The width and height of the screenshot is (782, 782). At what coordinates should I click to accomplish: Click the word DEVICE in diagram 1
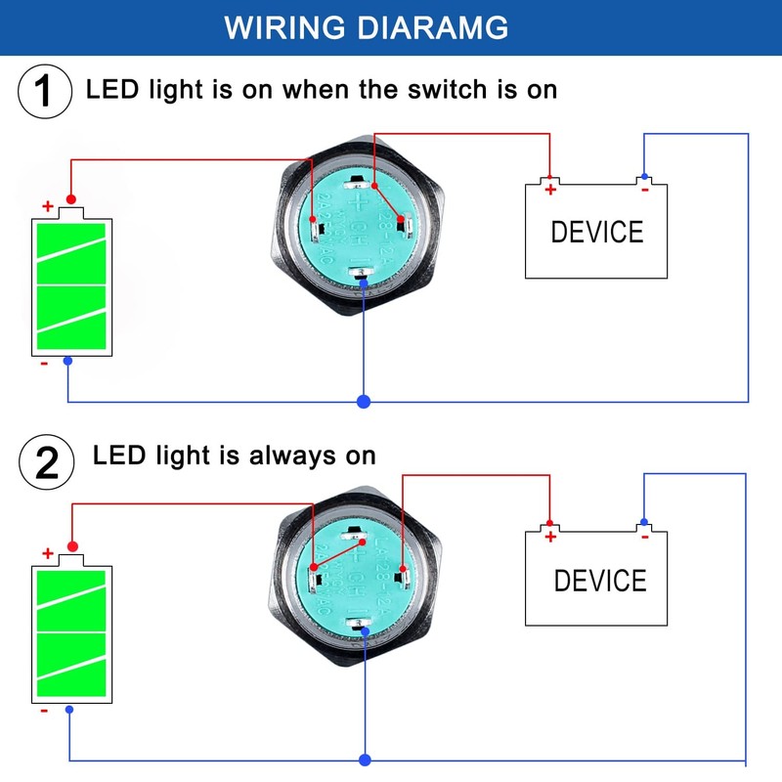[597, 233]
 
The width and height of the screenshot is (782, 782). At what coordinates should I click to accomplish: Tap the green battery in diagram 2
[70, 632]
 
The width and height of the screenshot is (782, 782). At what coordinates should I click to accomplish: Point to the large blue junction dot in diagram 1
[364, 402]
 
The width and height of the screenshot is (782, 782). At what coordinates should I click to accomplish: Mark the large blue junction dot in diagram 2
[365, 759]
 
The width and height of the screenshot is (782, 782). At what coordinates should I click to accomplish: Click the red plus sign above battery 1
[47, 206]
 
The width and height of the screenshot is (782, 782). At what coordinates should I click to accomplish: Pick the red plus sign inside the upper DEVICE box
[550, 190]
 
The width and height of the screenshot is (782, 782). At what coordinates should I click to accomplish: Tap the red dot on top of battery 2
[71, 545]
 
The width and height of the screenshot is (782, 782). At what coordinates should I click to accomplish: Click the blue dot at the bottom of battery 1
[66, 362]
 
